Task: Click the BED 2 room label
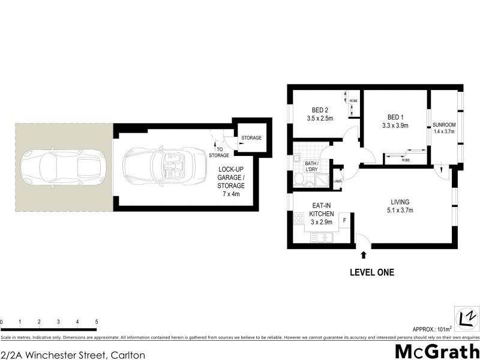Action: (319, 110)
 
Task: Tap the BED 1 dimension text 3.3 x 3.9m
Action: (394, 125)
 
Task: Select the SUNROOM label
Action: (445, 125)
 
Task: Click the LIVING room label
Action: (401, 202)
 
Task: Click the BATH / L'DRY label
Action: (311, 167)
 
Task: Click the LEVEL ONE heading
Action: (372, 272)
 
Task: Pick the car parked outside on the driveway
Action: (63, 167)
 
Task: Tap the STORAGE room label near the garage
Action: (251, 138)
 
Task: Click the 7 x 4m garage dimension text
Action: (231, 194)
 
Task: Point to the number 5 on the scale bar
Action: (97, 322)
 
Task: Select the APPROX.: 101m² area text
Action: (431, 329)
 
